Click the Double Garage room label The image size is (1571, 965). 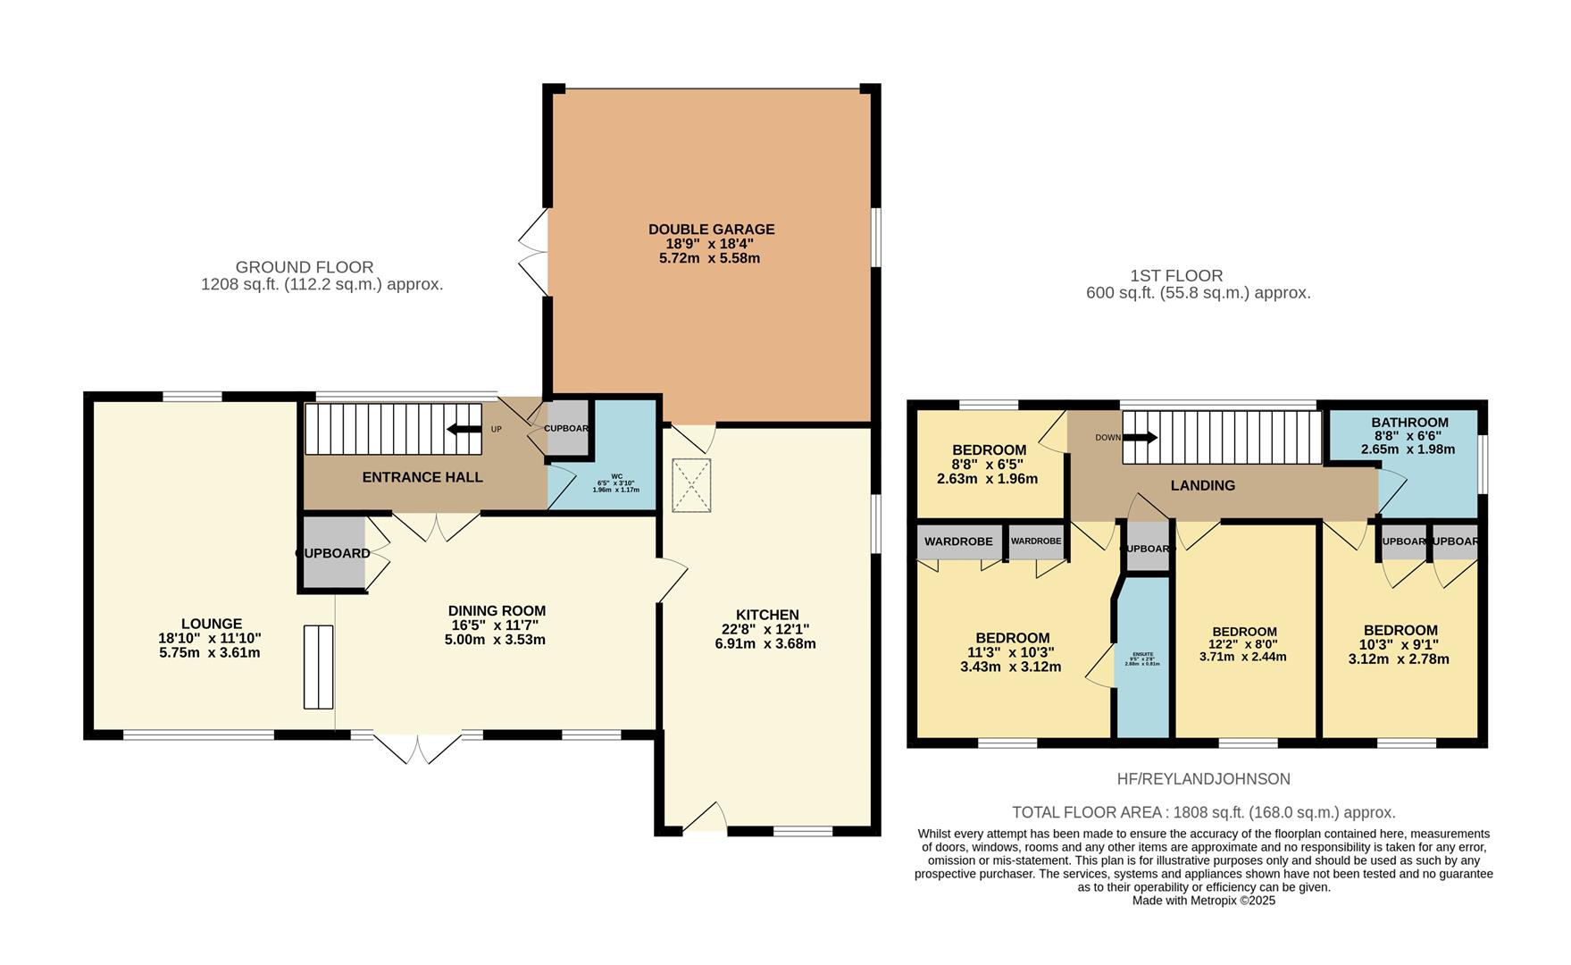[711, 230]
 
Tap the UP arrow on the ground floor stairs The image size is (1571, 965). [464, 429]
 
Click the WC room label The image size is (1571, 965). [616, 476]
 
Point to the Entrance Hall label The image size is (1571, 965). [422, 477]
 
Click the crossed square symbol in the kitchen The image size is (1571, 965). [691, 485]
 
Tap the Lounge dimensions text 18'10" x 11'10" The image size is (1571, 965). [210, 638]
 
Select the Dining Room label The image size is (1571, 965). [497, 611]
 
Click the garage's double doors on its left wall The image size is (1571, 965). [535, 253]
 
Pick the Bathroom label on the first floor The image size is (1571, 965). [1409, 423]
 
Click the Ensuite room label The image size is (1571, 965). [1142, 654]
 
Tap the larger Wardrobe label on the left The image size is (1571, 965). [957, 541]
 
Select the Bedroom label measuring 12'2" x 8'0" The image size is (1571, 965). [1243, 632]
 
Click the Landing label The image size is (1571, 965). [1202, 485]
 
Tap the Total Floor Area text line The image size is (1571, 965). [1202, 812]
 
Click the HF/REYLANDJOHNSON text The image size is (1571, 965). [1202, 779]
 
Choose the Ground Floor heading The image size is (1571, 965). [305, 267]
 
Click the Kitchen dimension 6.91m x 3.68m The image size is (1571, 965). [765, 643]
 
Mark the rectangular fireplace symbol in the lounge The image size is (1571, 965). [318, 667]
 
